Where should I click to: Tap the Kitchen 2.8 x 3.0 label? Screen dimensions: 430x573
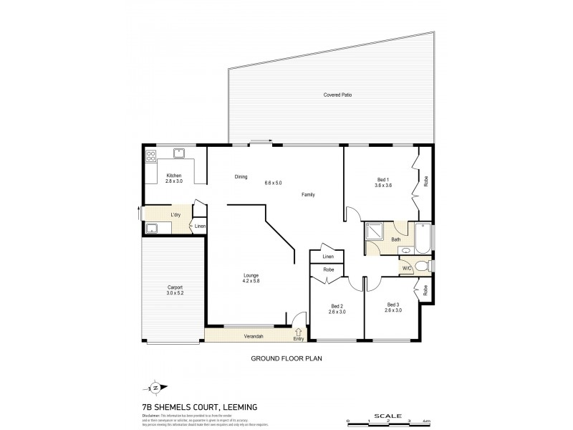pyautogui.click(x=174, y=179)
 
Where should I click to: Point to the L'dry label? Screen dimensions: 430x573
pyautogui.click(x=175, y=214)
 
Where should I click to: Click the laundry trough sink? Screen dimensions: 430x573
pyautogui.click(x=152, y=229)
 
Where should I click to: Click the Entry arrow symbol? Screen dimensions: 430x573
pyautogui.click(x=298, y=331)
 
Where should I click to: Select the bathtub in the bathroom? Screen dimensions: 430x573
pyautogui.click(x=422, y=239)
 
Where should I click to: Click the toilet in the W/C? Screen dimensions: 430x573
pyautogui.click(x=423, y=267)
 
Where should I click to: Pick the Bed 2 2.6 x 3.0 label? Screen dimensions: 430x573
pyautogui.click(x=336, y=309)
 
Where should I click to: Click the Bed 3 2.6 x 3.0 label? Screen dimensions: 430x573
pyautogui.click(x=392, y=307)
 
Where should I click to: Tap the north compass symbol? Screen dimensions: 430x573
pyautogui.click(x=155, y=388)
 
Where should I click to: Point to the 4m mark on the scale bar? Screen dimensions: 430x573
pyautogui.click(x=427, y=421)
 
